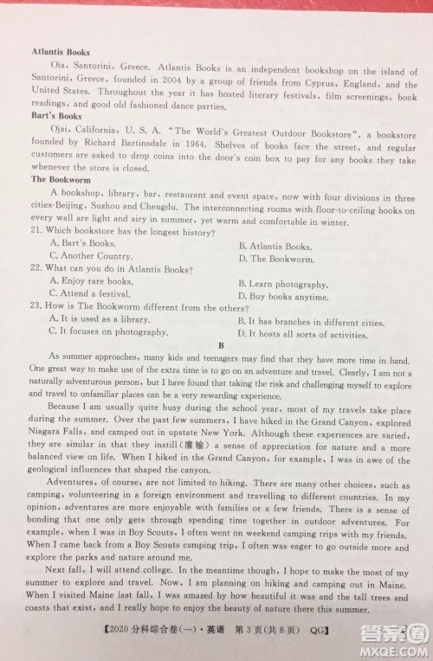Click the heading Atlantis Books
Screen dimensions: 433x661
[61, 52]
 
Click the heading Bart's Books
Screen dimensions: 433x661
[56, 115]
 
